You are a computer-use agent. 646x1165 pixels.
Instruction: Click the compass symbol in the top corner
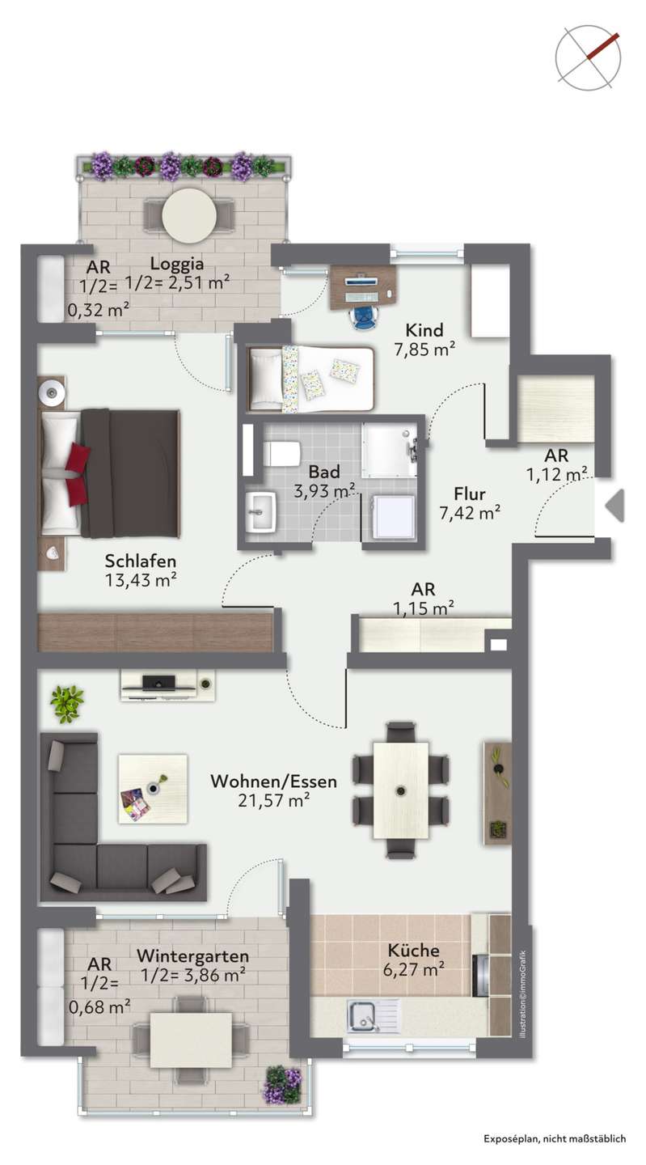(x=588, y=57)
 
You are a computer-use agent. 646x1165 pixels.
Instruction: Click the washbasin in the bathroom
(x=260, y=512)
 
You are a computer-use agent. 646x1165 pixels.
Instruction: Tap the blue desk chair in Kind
(x=365, y=316)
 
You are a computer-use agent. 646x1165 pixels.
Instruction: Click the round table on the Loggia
(x=189, y=214)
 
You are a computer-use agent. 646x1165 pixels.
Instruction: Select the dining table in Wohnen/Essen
(x=401, y=790)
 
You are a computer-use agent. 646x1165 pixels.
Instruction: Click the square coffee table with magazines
(x=153, y=789)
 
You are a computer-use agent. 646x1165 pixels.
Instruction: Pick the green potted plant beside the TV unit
(x=67, y=704)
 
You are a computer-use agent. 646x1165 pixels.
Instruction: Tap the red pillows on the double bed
(x=76, y=474)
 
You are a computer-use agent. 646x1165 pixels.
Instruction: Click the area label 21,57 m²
(x=274, y=800)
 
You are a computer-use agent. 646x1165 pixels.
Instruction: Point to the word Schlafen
(x=141, y=561)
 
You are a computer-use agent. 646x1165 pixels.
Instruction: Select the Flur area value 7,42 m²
(x=470, y=513)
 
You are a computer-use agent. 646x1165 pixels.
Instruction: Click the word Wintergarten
(x=192, y=956)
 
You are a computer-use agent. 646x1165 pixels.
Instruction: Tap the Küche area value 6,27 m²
(x=414, y=969)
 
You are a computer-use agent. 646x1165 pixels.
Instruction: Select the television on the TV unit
(x=159, y=682)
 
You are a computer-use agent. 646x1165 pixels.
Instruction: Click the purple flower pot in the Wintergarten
(x=284, y=1084)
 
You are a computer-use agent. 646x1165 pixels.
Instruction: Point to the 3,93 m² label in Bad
(x=324, y=490)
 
